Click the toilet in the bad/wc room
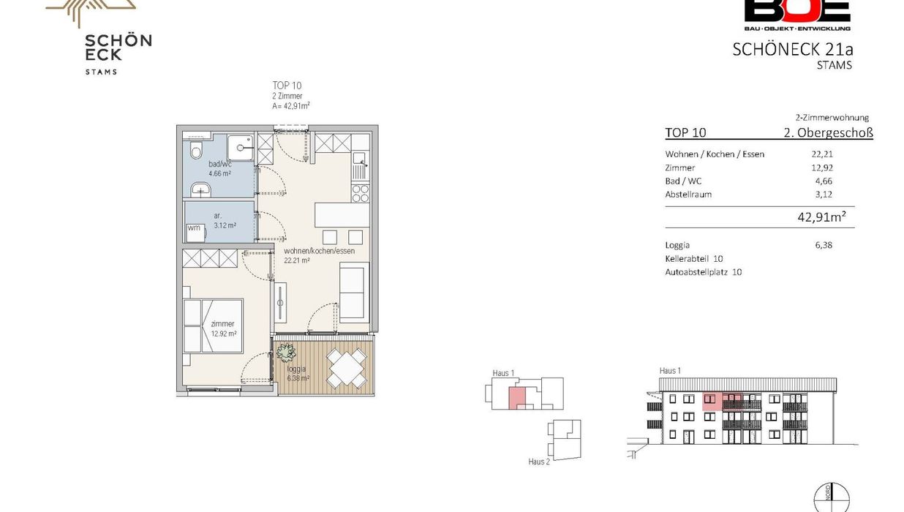coord(196,150)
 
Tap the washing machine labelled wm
coord(196,233)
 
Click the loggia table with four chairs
coord(346,369)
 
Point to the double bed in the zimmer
coord(213,325)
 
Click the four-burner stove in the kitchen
coord(361,193)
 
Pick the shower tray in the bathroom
coord(240,148)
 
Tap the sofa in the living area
coord(354,293)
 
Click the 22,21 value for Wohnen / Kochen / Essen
coord(822,154)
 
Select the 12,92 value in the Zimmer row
coord(822,167)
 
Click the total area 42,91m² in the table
coord(821,217)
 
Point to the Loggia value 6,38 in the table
coord(824,245)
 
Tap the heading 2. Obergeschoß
coord(828,132)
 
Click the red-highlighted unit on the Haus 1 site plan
coord(517,398)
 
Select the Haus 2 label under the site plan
coord(539,462)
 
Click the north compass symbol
coord(832,498)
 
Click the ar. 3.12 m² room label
coord(225,220)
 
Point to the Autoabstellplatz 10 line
coord(704,272)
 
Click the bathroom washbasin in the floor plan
coord(200,189)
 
